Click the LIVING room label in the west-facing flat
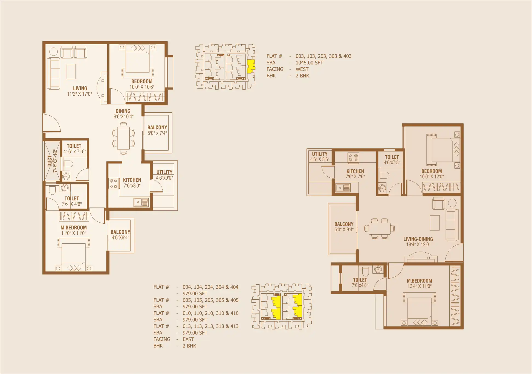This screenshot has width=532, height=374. point(80,88)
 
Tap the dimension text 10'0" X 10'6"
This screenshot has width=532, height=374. point(142,87)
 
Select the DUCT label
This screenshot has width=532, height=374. point(50,161)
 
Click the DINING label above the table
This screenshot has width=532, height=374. point(123,111)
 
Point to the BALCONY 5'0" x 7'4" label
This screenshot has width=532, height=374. point(157,130)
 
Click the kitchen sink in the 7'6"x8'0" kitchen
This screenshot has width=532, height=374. point(141,202)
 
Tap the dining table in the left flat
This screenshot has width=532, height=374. point(124,138)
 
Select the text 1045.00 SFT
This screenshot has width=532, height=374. point(309,63)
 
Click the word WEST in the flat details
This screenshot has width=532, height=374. point(302,69)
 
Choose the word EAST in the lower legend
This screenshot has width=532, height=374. point(188,339)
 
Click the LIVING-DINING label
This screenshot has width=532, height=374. point(418,239)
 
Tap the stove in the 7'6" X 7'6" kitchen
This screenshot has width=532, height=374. point(353,158)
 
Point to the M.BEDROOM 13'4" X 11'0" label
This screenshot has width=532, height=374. point(420,283)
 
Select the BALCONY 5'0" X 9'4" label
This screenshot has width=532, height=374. point(344,227)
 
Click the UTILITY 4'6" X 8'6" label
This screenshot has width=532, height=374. point(320,157)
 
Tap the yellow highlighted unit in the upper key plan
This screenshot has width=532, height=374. point(251,66)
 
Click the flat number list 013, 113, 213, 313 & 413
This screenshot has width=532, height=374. point(210,326)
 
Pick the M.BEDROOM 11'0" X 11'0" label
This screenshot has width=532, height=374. point(74,230)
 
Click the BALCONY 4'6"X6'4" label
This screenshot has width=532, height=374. point(120,235)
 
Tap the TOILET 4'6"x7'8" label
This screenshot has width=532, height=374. point(392,160)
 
